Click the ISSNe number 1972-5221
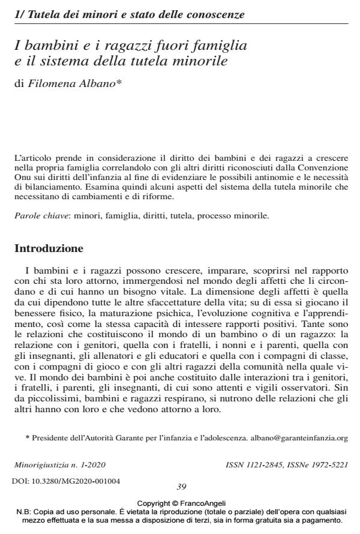(x=325, y=465)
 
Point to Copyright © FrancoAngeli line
(x=180, y=502)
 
